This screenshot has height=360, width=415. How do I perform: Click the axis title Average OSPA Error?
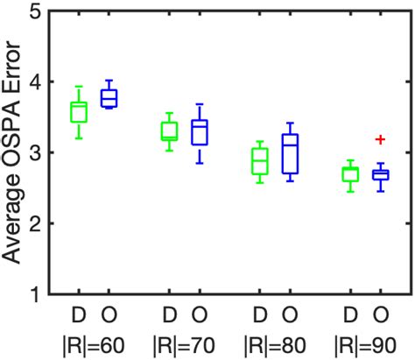(x=13, y=153)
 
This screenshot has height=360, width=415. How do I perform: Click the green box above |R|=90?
(x=350, y=174)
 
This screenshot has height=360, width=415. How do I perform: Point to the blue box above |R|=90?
(x=381, y=175)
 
